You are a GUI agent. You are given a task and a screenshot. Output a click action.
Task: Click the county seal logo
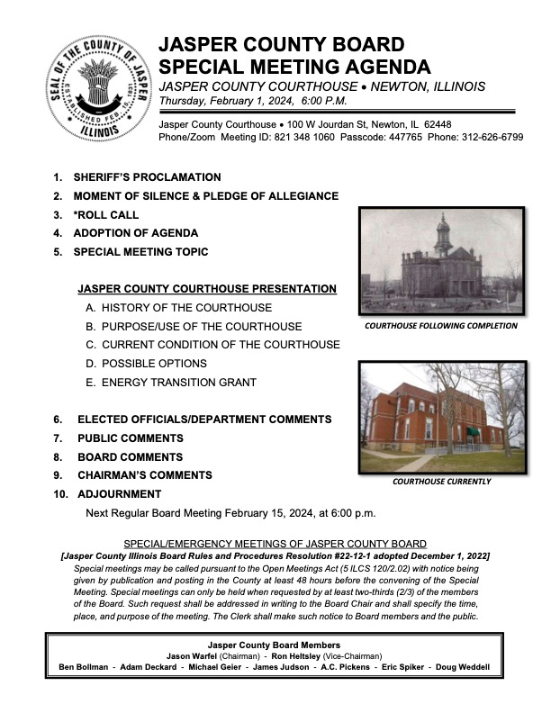point(95,88)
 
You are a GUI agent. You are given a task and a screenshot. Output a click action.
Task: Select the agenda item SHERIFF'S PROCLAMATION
point(147,177)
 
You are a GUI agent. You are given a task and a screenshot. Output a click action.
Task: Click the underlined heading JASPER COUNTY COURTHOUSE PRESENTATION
point(207,289)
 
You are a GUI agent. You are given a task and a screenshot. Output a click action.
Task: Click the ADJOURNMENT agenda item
point(120,494)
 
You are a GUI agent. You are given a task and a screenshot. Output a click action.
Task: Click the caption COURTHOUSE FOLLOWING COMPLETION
point(441,326)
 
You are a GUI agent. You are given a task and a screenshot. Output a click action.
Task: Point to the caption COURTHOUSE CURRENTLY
point(441,482)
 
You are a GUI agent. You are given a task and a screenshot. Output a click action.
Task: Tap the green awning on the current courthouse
point(473,431)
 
